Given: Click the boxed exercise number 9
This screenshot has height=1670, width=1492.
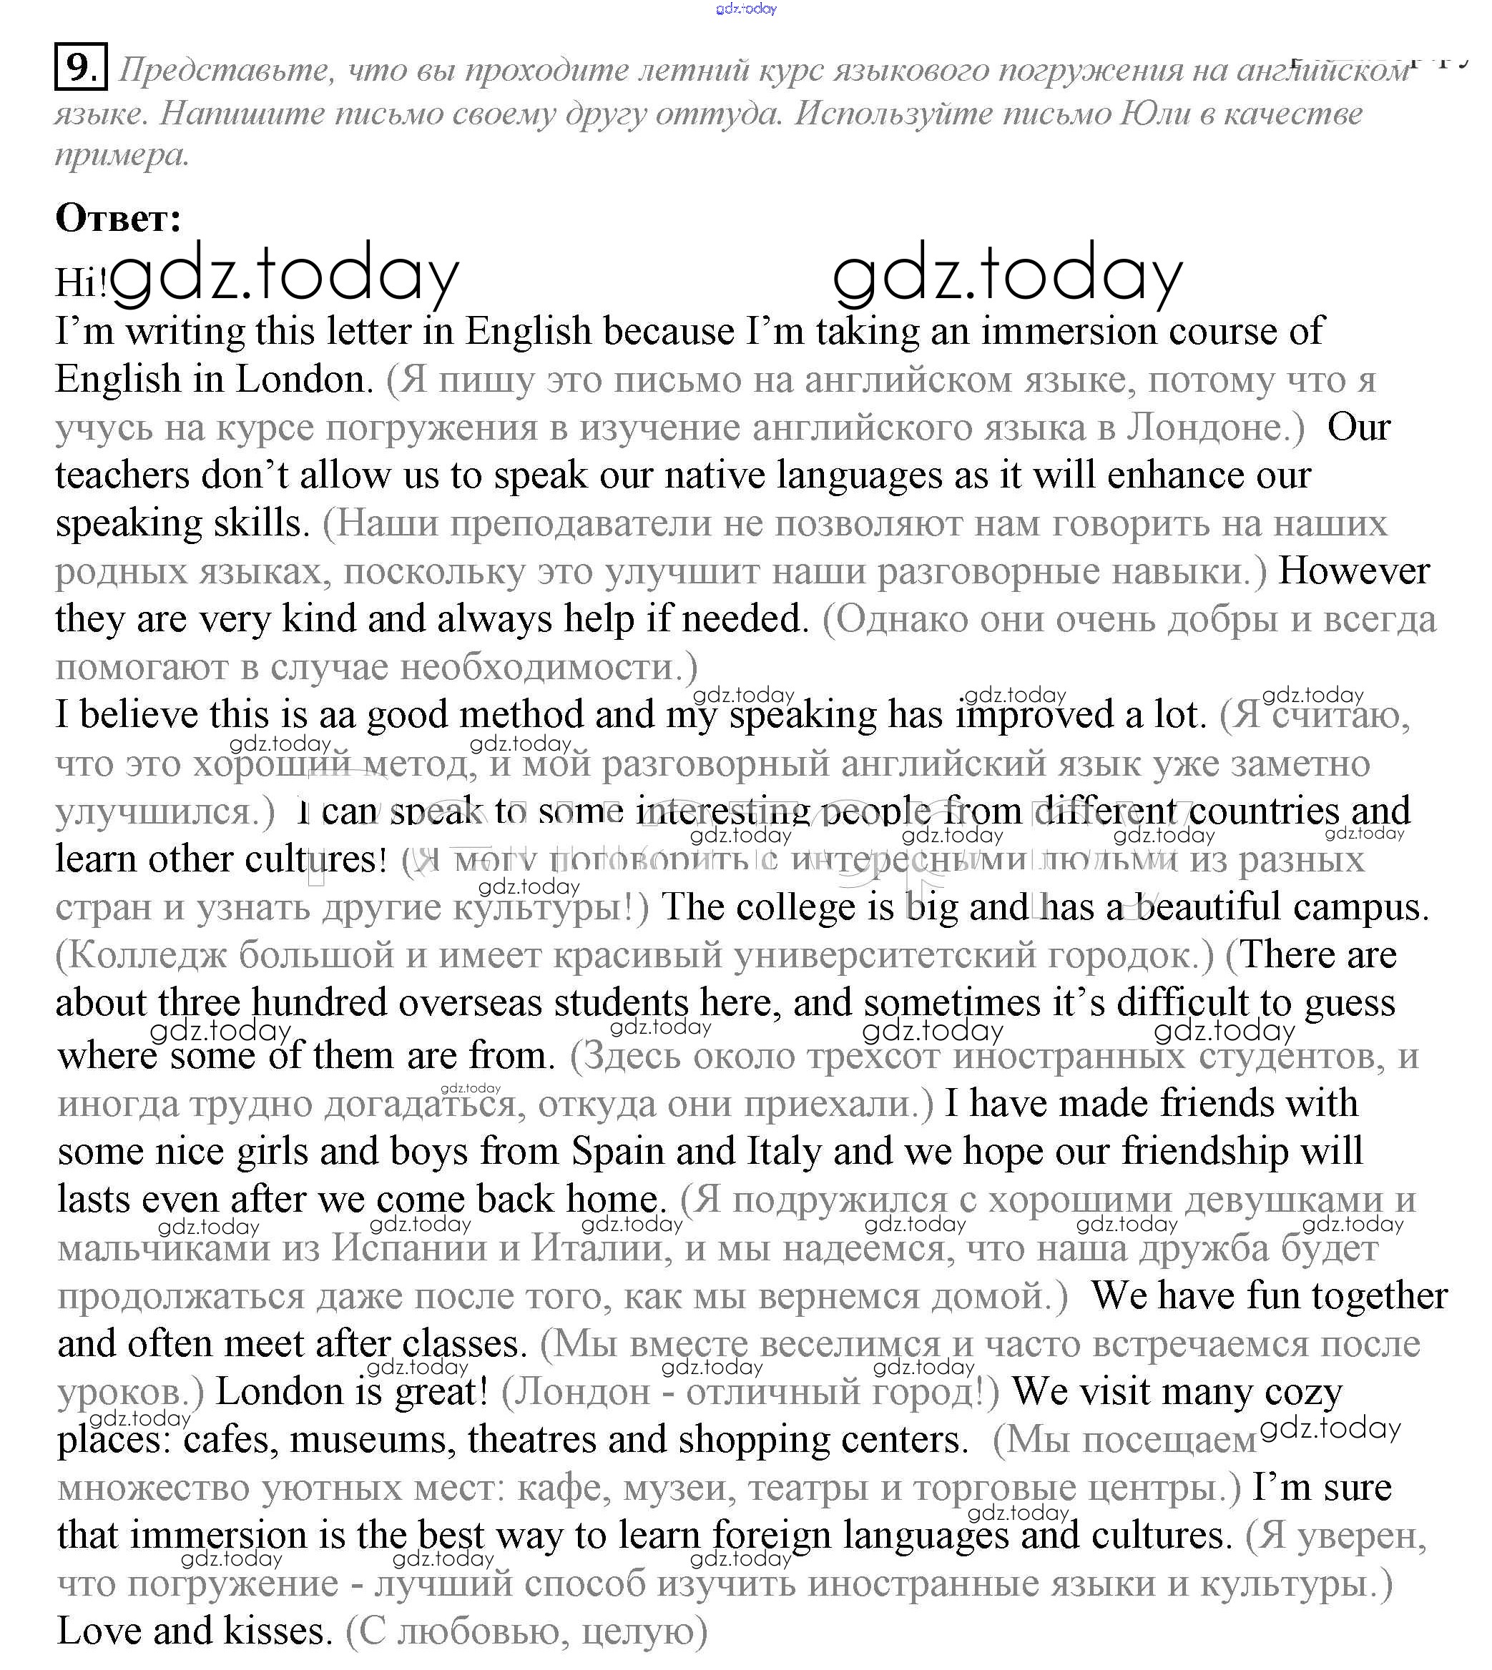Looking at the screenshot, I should tap(80, 66).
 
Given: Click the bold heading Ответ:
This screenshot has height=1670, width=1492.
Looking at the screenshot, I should tap(118, 218).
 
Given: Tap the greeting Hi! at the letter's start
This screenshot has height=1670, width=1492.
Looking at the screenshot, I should tap(80, 282).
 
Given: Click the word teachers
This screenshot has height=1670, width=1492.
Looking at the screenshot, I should tap(122, 475).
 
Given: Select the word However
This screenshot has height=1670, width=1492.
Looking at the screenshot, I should tap(1353, 571).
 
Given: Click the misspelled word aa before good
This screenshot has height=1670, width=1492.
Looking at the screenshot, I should tap(337, 715).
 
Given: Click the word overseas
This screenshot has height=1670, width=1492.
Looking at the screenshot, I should tap(471, 1003).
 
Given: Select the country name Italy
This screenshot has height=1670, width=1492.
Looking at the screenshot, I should tap(784, 1151).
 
